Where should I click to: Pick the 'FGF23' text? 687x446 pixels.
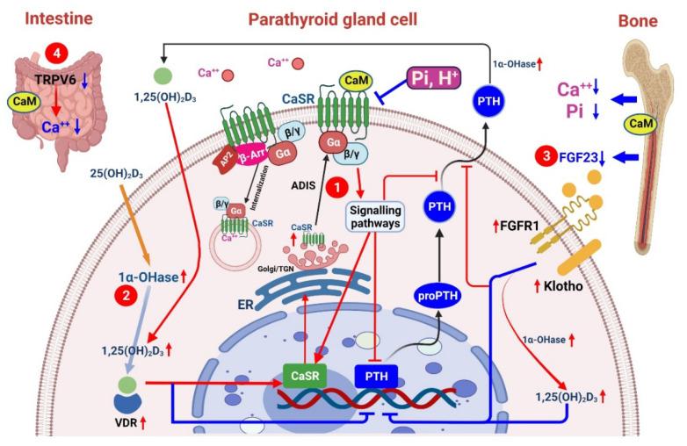(x=581, y=159)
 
